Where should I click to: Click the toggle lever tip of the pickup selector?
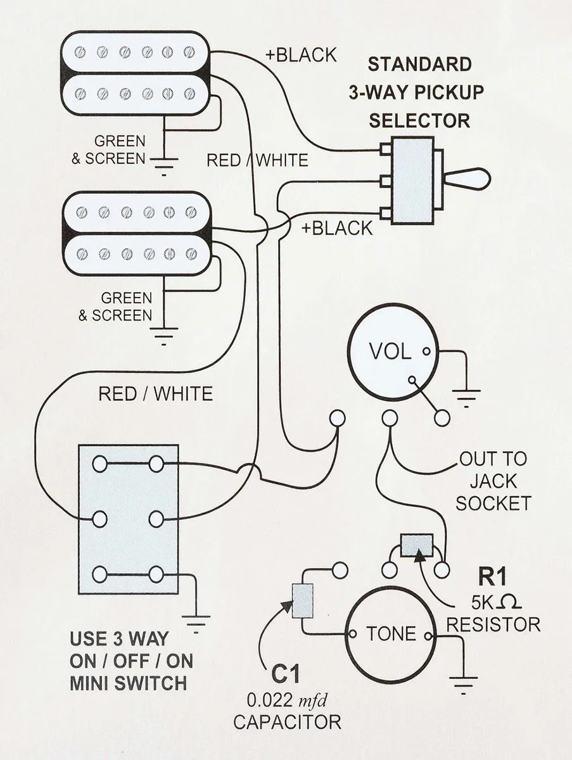pos(485,179)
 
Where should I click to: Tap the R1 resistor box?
pos(417,545)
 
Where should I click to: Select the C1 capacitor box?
pos(303,601)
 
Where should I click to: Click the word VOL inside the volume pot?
pos(390,351)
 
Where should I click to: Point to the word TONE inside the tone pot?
pos(391,633)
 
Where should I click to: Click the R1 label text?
pos(492,576)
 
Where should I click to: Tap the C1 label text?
pos(285,673)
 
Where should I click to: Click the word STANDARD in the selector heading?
pos(419,65)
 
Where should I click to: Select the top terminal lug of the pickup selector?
pos(385,149)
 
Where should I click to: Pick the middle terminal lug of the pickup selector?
pos(385,181)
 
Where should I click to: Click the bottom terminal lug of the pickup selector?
pos(385,213)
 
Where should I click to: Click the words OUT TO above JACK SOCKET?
pos(493,459)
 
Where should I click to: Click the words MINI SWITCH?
pos(129,683)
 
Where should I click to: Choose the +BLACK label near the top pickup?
pos(301,55)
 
